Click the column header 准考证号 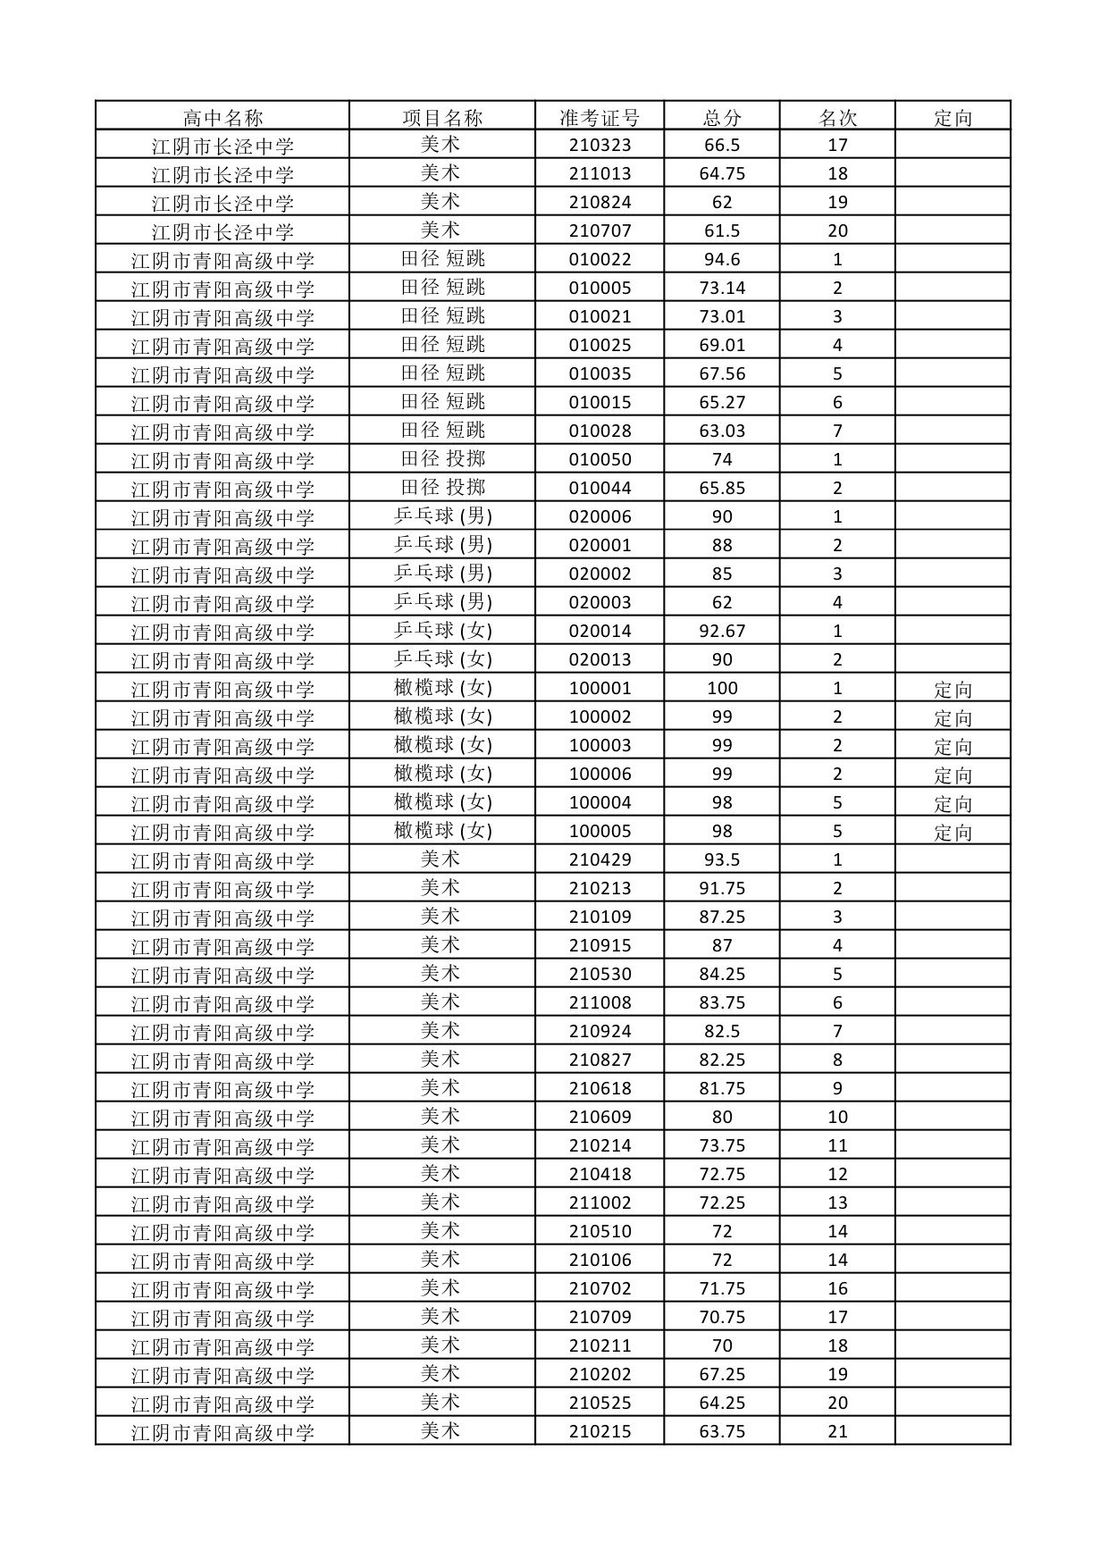coord(600,117)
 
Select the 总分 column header coord(722,117)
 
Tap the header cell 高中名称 coord(222,117)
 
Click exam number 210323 coord(600,146)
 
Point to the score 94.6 coord(722,260)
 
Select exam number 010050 coord(600,460)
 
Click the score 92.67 coord(722,632)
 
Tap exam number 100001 coord(600,689)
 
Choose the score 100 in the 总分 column coord(722,689)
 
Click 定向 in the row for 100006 coord(953,775)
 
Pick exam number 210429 coord(600,860)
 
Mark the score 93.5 coord(722,860)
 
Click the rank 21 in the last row coord(837,1432)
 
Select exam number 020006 coord(600,517)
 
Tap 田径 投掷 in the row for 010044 coord(442,488)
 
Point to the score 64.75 coord(722,174)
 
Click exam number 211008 coord(600,1003)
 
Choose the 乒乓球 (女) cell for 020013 coord(442,659)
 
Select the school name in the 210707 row coord(222,231)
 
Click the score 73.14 coord(722,289)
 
